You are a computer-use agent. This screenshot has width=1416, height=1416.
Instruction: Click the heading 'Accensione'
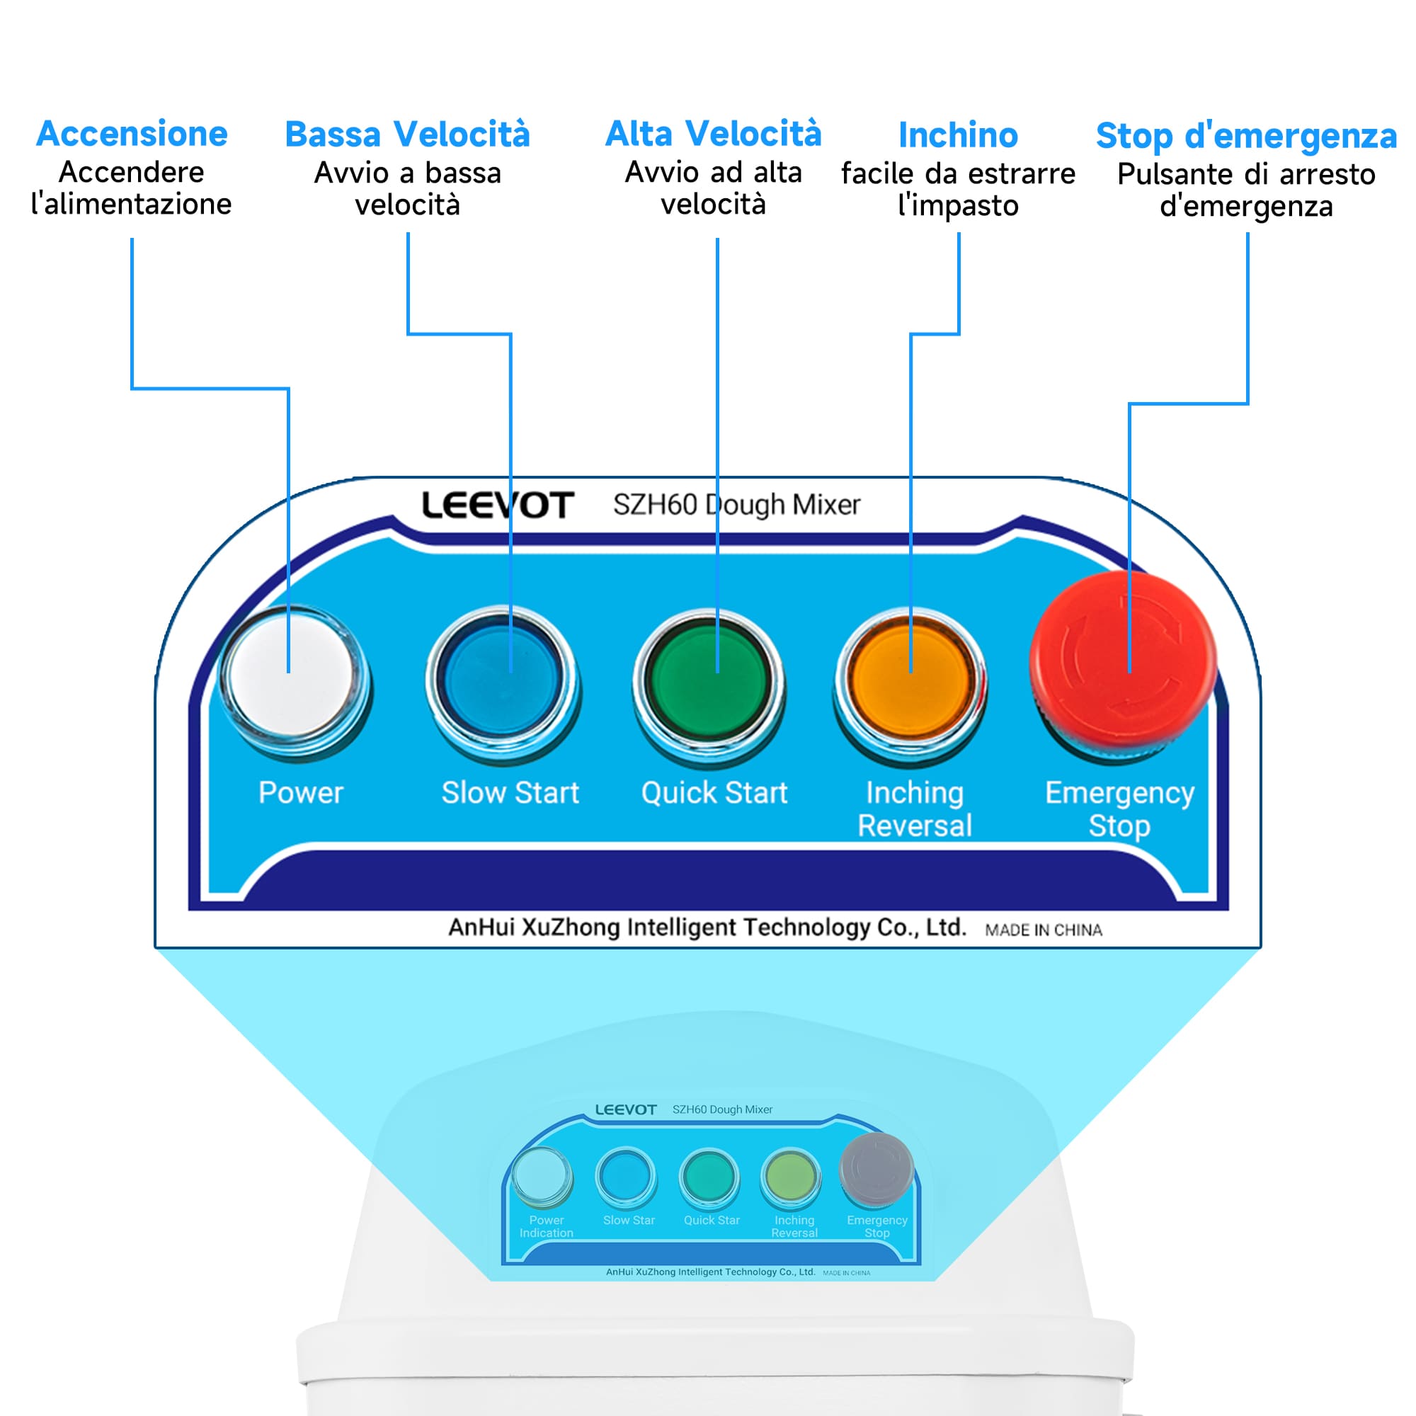[x=132, y=134]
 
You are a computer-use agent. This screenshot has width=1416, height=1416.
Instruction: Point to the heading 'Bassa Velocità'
[x=408, y=135]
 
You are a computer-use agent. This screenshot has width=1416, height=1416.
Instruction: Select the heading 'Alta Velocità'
[x=713, y=134]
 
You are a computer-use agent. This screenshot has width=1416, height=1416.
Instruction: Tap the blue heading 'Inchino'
[x=958, y=136]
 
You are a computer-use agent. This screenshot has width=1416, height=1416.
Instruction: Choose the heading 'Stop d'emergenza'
[x=1246, y=137]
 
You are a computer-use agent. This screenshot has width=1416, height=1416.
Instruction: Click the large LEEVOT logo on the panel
[x=498, y=506]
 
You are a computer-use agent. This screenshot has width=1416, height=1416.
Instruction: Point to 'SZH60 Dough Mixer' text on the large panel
[x=736, y=505]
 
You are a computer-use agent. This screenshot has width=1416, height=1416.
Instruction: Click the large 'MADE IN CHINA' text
[x=1043, y=930]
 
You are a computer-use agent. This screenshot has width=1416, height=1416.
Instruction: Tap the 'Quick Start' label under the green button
[x=714, y=793]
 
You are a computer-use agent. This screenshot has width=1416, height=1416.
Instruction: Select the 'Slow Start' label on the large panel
[x=510, y=793]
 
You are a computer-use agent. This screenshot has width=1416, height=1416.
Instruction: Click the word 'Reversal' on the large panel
[x=915, y=826]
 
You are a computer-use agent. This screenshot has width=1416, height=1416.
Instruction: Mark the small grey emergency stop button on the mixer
[x=877, y=1170]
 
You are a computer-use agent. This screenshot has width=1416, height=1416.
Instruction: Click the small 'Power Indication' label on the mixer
[x=546, y=1227]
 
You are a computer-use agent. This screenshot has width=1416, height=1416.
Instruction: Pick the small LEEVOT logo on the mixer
[x=625, y=1109]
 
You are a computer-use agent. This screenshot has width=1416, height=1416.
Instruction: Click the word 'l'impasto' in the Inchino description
[x=958, y=206]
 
